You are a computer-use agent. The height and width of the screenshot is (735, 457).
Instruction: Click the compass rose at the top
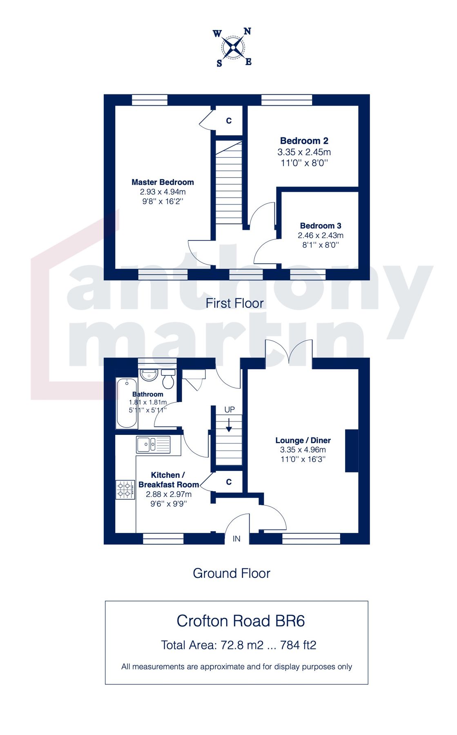[x=233, y=48]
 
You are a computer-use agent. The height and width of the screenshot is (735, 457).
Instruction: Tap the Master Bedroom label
[x=163, y=182]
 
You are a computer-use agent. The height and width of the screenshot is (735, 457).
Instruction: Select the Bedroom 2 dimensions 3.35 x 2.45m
[x=304, y=152]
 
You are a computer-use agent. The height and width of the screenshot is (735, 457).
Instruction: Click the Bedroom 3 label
[x=320, y=225]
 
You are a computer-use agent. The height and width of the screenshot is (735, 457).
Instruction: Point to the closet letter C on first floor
[x=229, y=120]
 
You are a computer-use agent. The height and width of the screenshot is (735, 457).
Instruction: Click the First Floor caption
[x=234, y=303]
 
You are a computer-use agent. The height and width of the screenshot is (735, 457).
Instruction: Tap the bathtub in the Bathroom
[x=127, y=403]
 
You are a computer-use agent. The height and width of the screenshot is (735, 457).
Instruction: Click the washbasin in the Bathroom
[x=149, y=374]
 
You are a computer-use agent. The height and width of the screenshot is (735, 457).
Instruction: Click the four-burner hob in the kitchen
[x=125, y=489]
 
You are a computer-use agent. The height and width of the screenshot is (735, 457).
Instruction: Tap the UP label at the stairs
[x=230, y=409]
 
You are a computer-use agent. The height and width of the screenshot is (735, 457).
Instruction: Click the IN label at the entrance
[x=236, y=539]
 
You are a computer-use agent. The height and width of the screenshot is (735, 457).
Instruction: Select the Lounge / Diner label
[x=303, y=440]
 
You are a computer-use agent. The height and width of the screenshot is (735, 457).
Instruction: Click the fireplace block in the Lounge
[x=351, y=450]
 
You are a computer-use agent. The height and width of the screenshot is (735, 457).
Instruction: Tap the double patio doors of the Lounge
[x=289, y=351]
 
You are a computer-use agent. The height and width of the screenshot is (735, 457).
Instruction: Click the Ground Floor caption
[x=231, y=573]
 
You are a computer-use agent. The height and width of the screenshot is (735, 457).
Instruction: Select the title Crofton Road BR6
[x=241, y=621]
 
